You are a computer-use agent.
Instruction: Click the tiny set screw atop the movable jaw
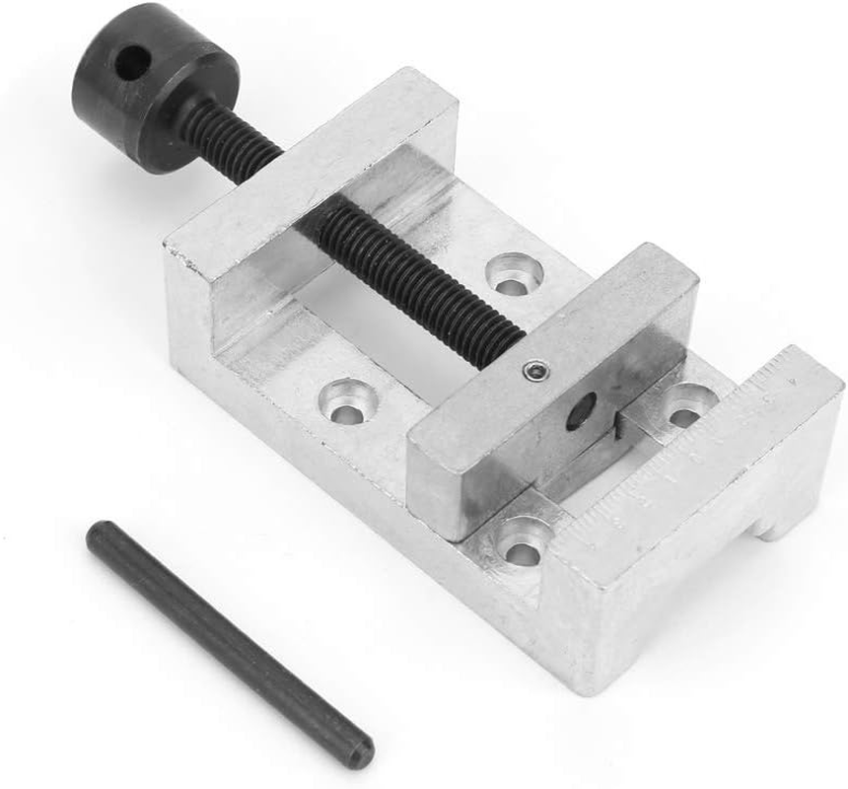(x=533, y=370)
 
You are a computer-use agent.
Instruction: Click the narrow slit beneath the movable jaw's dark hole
(x=616, y=423)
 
